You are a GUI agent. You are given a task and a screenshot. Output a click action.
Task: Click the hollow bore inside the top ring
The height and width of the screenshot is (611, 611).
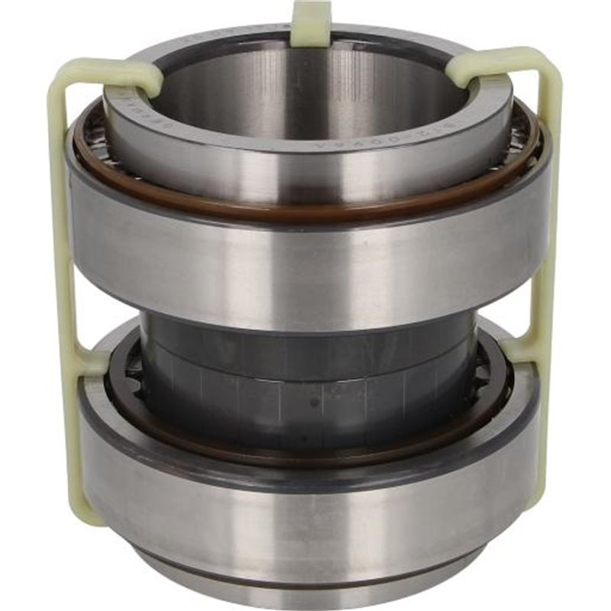[x=305, y=99]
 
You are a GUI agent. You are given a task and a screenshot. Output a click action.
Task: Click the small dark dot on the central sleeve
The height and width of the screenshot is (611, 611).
[x=312, y=402]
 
